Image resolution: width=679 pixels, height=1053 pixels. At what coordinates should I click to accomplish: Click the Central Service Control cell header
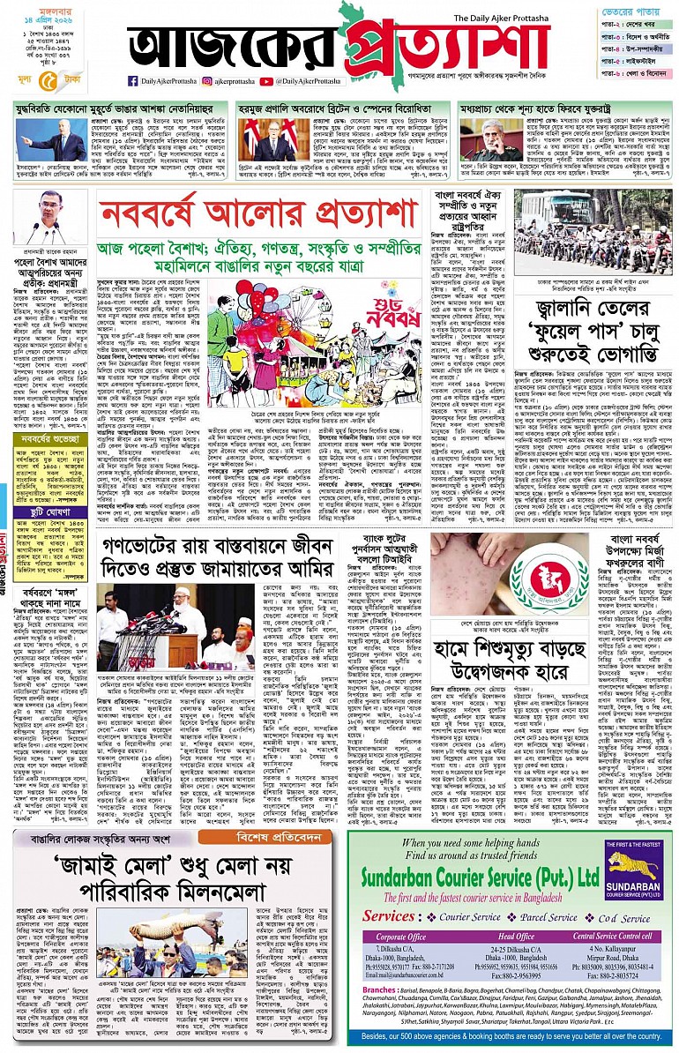coord(613,912)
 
